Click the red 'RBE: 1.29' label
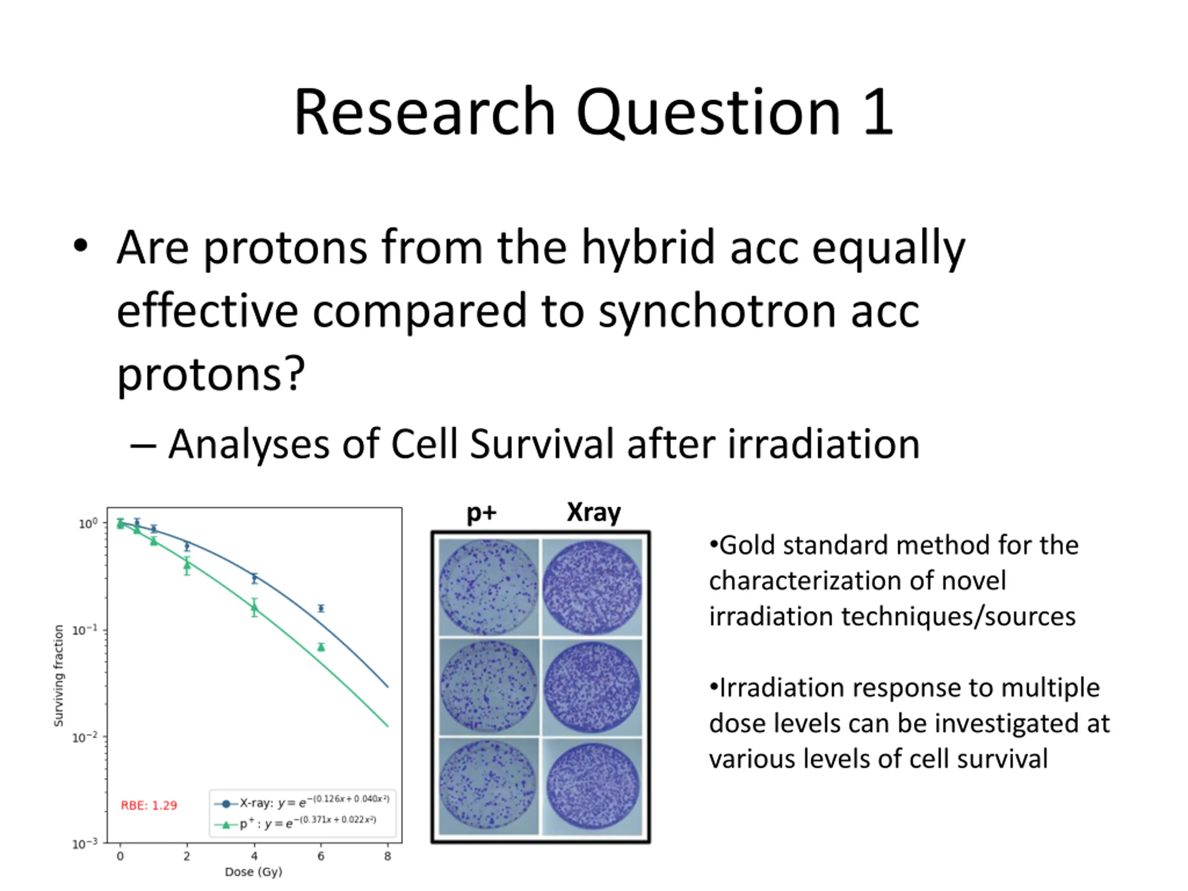[149, 805]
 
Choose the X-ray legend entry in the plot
[302, 802]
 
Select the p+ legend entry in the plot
[296, 823]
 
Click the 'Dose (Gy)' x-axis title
[253, 872]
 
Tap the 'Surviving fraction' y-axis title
[58, 676]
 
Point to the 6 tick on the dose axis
[321, 856]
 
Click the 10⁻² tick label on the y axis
[85, 736]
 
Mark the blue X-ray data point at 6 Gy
[321, 608]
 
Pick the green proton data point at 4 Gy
[254, 608]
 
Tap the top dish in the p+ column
[488, 587]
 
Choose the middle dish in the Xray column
[592, 687]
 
